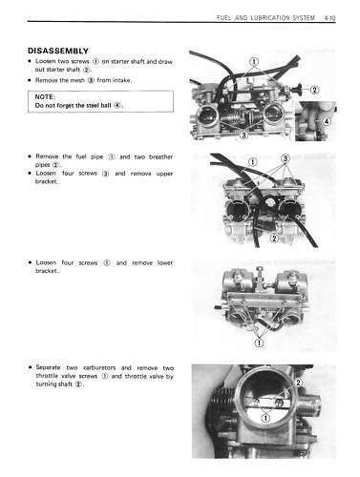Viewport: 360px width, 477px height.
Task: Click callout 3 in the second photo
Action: pos(284,156)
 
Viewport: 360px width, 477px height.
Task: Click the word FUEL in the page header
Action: pos(227,17)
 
